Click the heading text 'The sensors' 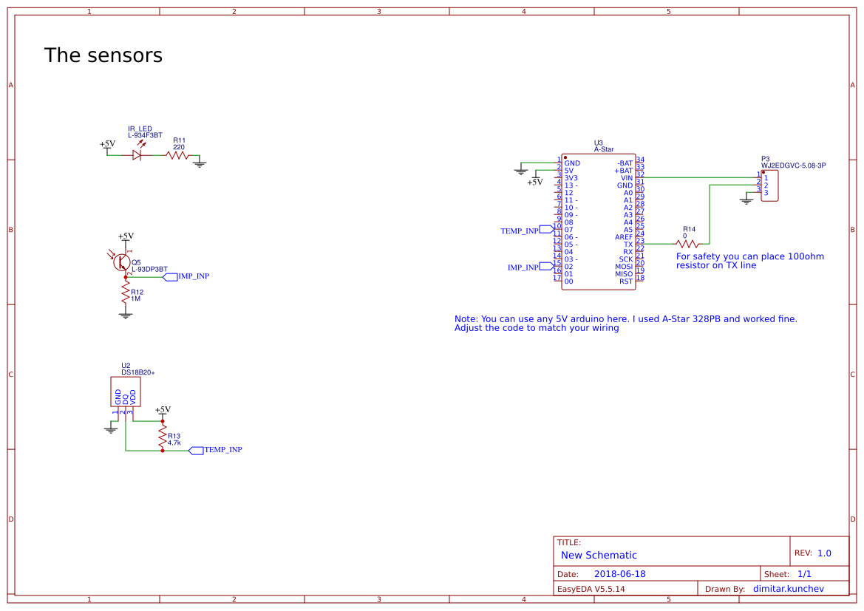[x=103, y=55]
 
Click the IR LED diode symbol [x=137, y=155]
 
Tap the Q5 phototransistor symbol [x=123, y=262]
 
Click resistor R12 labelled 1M [x=126, y=296]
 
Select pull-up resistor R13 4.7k [x=163, y=437]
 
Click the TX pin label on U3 [x=627, y=245]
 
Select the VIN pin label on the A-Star [x=626, y=178]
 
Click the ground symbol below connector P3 [x=746, y=200]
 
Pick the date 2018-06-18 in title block [x=619, y=574]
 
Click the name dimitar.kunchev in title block [x=788, y=589]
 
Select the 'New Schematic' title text [x=599, y=556]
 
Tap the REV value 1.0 [x=824, y=553]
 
